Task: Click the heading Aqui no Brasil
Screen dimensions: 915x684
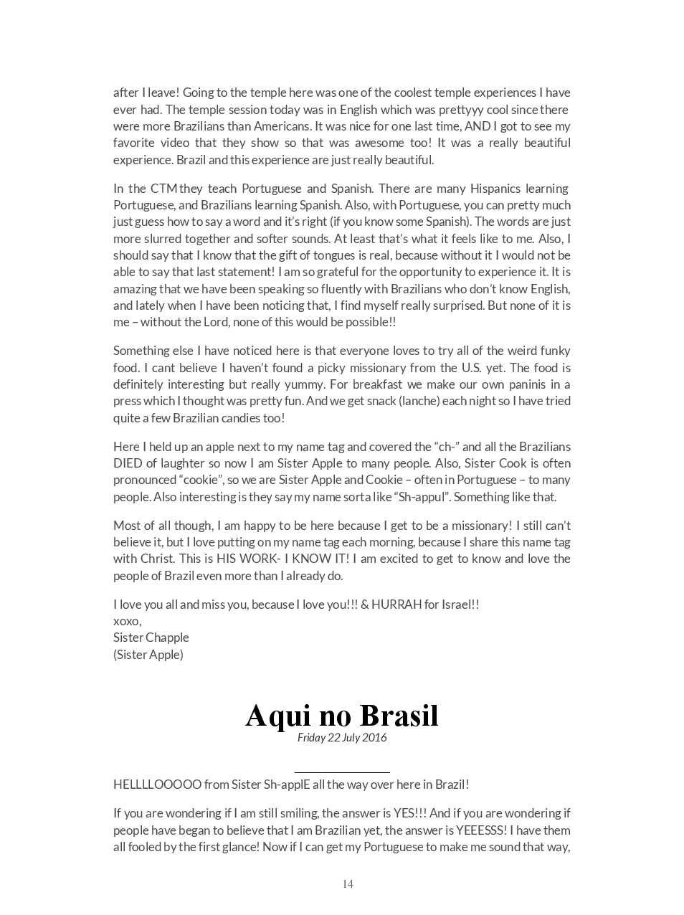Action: (341, 715)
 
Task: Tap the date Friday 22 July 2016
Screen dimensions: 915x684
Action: (342, 737)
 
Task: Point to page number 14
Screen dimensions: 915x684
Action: (348, 883)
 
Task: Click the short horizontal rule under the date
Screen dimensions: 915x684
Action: (342, 772)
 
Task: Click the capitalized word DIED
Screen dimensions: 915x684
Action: (128, 463)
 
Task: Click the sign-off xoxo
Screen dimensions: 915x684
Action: (127, 621)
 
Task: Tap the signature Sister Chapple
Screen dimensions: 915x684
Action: (151, 637)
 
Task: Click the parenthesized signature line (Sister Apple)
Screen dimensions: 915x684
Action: (148, 655)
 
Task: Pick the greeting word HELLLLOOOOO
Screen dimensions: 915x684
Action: (157, 784)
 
